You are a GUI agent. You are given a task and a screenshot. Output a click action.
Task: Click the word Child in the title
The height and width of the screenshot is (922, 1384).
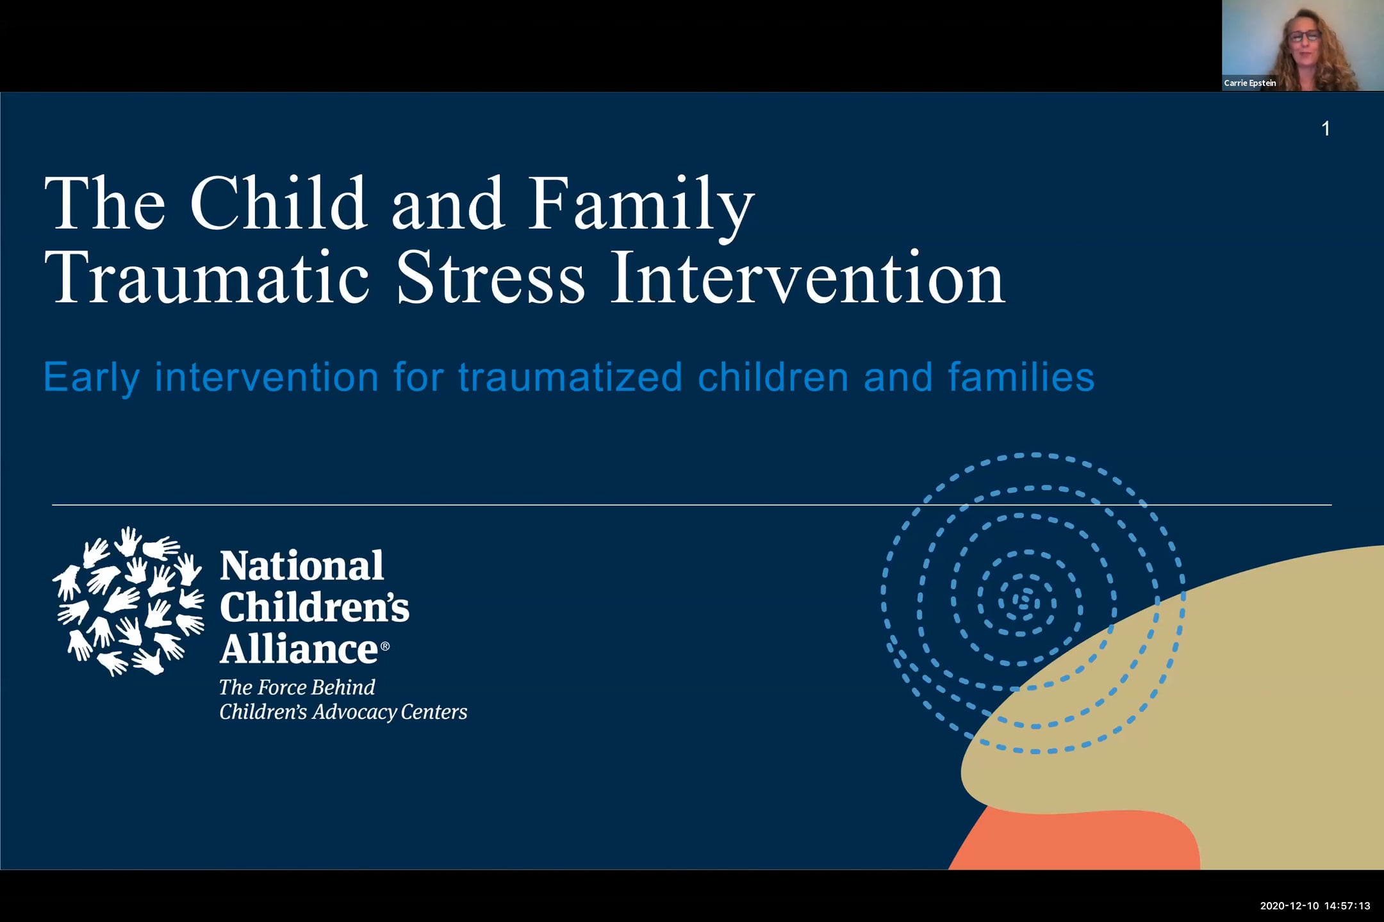point(278,204)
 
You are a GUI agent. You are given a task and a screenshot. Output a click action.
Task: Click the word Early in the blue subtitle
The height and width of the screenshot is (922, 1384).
point(91,378)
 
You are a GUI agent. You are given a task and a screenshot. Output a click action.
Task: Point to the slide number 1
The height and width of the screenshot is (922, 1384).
point(1326,129)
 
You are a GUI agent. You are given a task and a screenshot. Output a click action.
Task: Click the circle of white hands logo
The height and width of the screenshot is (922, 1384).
point(128,601)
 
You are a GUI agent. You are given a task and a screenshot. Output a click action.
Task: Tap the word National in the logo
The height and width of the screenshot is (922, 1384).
point(301,566)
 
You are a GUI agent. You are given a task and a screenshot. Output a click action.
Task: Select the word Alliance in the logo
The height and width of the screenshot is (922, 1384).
point(299,649)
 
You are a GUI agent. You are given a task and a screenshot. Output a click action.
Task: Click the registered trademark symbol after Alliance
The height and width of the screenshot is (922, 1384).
point(385,646)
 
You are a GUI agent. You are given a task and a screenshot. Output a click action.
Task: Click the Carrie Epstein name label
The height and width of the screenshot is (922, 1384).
point(1249,83)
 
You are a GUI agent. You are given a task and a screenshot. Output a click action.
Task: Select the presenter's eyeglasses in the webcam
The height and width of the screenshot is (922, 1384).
point(1305,36)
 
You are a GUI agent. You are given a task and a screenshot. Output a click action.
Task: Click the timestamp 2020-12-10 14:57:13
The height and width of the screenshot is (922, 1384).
point(1315,906)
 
